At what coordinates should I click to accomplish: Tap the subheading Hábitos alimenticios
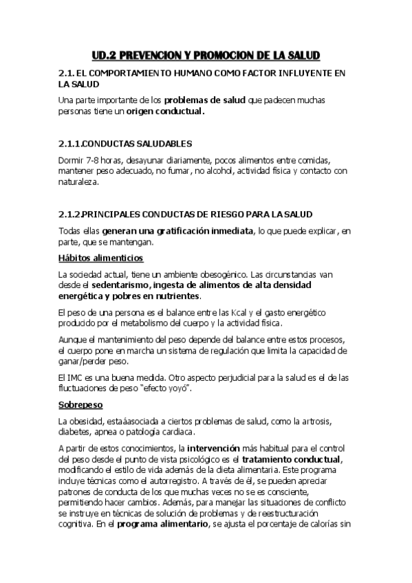pos(100,258)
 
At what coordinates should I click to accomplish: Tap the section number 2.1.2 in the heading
pos(69,214)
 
